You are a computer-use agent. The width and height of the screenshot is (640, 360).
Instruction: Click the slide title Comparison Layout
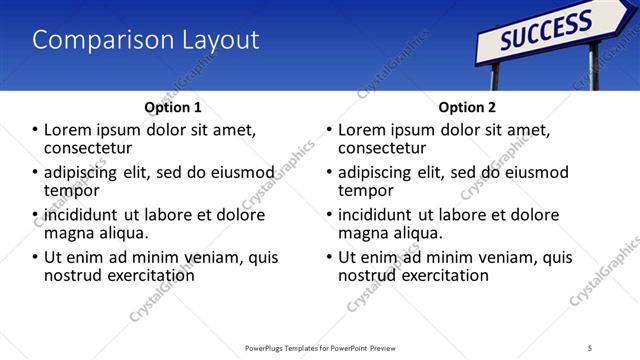(146, 40)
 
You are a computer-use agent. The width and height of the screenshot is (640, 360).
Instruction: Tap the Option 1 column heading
(173, 107)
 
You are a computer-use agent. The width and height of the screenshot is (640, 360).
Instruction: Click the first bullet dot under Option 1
(36, 130)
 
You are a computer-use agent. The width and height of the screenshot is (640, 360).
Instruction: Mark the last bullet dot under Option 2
(330, 257)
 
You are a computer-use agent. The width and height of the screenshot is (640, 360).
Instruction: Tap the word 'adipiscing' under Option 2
(380, 172)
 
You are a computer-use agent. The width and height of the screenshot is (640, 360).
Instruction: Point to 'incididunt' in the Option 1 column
(83, 215)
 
